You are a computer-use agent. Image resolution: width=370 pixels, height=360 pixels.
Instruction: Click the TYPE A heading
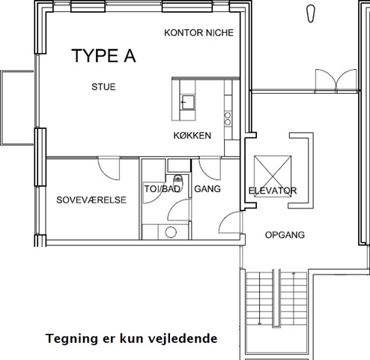(x=103, y=55)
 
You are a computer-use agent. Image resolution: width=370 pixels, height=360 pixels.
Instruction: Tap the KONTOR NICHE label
(x=198, y=33)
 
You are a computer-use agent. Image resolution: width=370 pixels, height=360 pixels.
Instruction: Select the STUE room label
(x=103, y=87)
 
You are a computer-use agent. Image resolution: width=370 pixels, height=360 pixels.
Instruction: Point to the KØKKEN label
(x=192, y=136)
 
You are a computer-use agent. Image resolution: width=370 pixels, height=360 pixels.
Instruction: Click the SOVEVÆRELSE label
(x=91, y=200)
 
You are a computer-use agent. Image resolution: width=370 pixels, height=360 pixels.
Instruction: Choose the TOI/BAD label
(x=163, y=189)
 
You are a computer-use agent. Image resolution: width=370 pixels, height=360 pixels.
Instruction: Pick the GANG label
(x=207, y=189)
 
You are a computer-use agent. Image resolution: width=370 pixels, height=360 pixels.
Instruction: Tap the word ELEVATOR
(x=273, y=191)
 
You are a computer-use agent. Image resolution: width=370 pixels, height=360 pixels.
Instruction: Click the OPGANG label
(x=285, y=235)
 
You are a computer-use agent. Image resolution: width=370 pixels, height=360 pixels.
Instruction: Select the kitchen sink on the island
(x=188, y=102)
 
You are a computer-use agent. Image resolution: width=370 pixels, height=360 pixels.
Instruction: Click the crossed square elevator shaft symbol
(x=273, y=176)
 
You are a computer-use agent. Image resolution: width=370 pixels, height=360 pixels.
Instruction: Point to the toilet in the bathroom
(x=178, y=181)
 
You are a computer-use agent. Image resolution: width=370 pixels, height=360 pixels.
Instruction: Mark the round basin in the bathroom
(x=171, y=232)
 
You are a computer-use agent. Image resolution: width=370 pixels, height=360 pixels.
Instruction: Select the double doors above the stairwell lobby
(x=336, y=81)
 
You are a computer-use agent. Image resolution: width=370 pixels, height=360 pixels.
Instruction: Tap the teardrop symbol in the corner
(x=311, y=13)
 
